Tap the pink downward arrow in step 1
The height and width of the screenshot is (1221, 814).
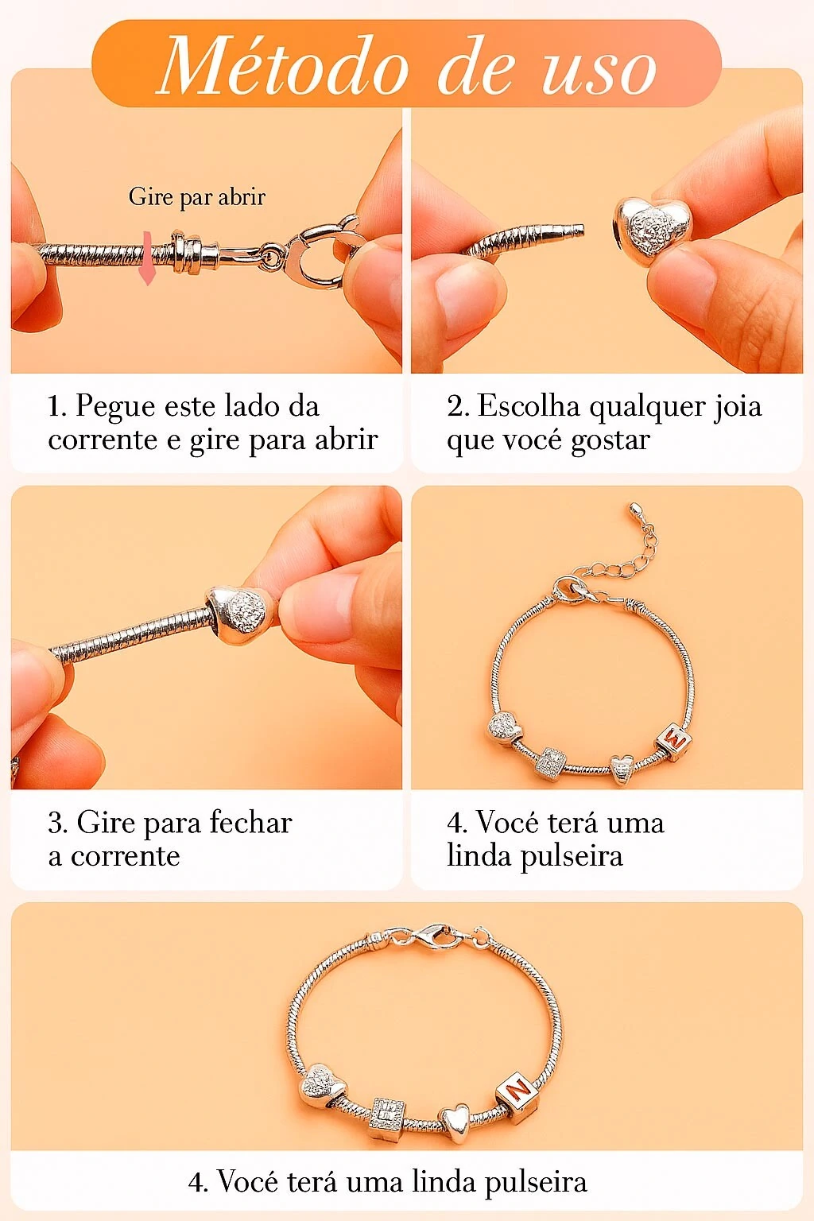(147, 258)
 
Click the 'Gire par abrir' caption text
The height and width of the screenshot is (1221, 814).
(197, 197)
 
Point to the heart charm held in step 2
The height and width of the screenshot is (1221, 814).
(652, 228)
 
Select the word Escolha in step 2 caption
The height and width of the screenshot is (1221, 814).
(528, 405)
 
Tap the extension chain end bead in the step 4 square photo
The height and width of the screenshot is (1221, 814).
(634, 509)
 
